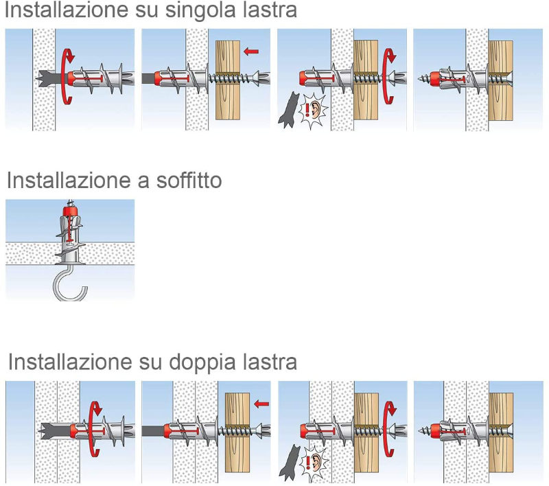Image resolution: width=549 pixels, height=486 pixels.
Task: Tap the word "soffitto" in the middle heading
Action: click(x=189, y=181)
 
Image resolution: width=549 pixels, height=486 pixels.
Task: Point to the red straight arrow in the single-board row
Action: click(x=251, y=51)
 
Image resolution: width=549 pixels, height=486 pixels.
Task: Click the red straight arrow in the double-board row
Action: click(x=261, y=404)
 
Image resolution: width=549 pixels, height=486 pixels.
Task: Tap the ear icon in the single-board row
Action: click(x=314, y=109)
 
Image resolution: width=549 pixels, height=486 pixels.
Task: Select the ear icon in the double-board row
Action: click(x=315, y=462)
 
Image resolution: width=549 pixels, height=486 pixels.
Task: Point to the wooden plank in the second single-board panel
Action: click(x=228, y=80)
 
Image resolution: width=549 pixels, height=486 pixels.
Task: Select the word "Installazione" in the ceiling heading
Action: click(x=69, y=181)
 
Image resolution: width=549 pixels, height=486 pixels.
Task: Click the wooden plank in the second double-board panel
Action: click(x=237, y=432)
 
